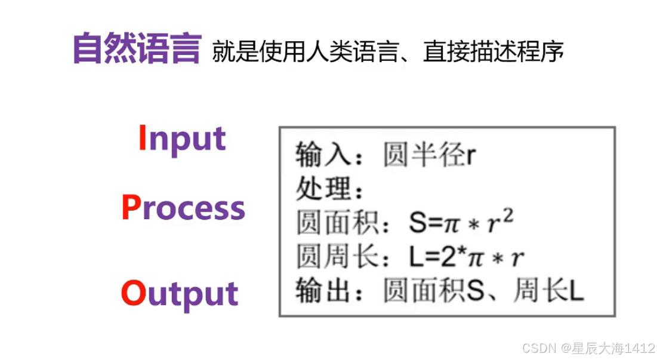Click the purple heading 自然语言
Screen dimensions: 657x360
136,49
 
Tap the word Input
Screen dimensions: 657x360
182,139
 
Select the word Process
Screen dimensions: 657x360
183,208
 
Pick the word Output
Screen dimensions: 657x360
180,294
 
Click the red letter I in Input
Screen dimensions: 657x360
142,138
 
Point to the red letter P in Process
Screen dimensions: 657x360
131,208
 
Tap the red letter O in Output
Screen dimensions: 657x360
133,293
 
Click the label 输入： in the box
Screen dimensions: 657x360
330,156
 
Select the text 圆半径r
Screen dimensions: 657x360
430,156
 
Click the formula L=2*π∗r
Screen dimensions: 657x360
466,258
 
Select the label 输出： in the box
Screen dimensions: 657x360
330,292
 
